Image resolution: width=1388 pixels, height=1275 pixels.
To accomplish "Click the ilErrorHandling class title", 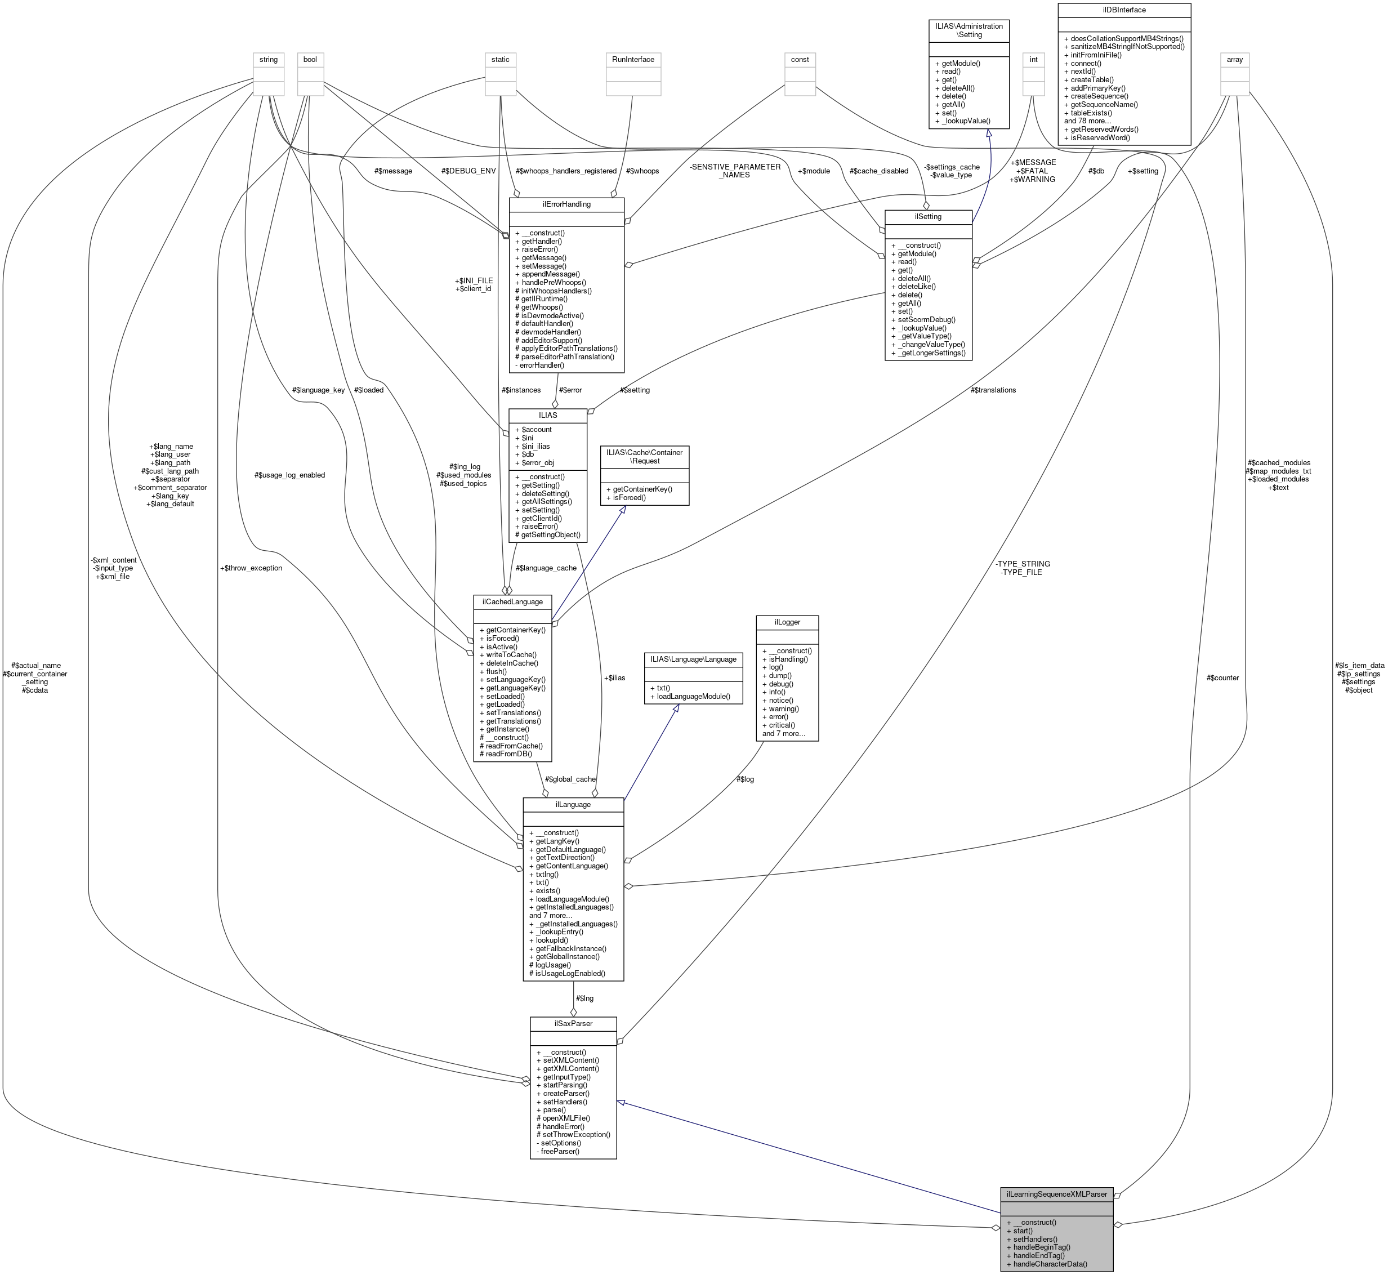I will click(x=566, y=204).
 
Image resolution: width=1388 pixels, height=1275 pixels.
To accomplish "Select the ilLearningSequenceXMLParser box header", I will click(x=1056, y=1193).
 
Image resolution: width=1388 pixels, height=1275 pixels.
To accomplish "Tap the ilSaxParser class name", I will click(x=573, y=1023).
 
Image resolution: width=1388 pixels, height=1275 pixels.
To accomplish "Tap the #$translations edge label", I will click(x=993, y=390).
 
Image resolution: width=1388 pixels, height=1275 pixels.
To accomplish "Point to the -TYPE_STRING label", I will click(x=1023, y=564).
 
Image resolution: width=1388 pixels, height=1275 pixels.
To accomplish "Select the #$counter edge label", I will click(x=1222, y=677).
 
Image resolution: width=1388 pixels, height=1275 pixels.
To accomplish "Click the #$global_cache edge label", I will click(x=570, y=779).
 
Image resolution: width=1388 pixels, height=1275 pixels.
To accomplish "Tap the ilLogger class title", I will click(x=787, y=622).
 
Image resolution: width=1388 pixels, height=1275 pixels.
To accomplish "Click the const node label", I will click(x=800, y=59).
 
